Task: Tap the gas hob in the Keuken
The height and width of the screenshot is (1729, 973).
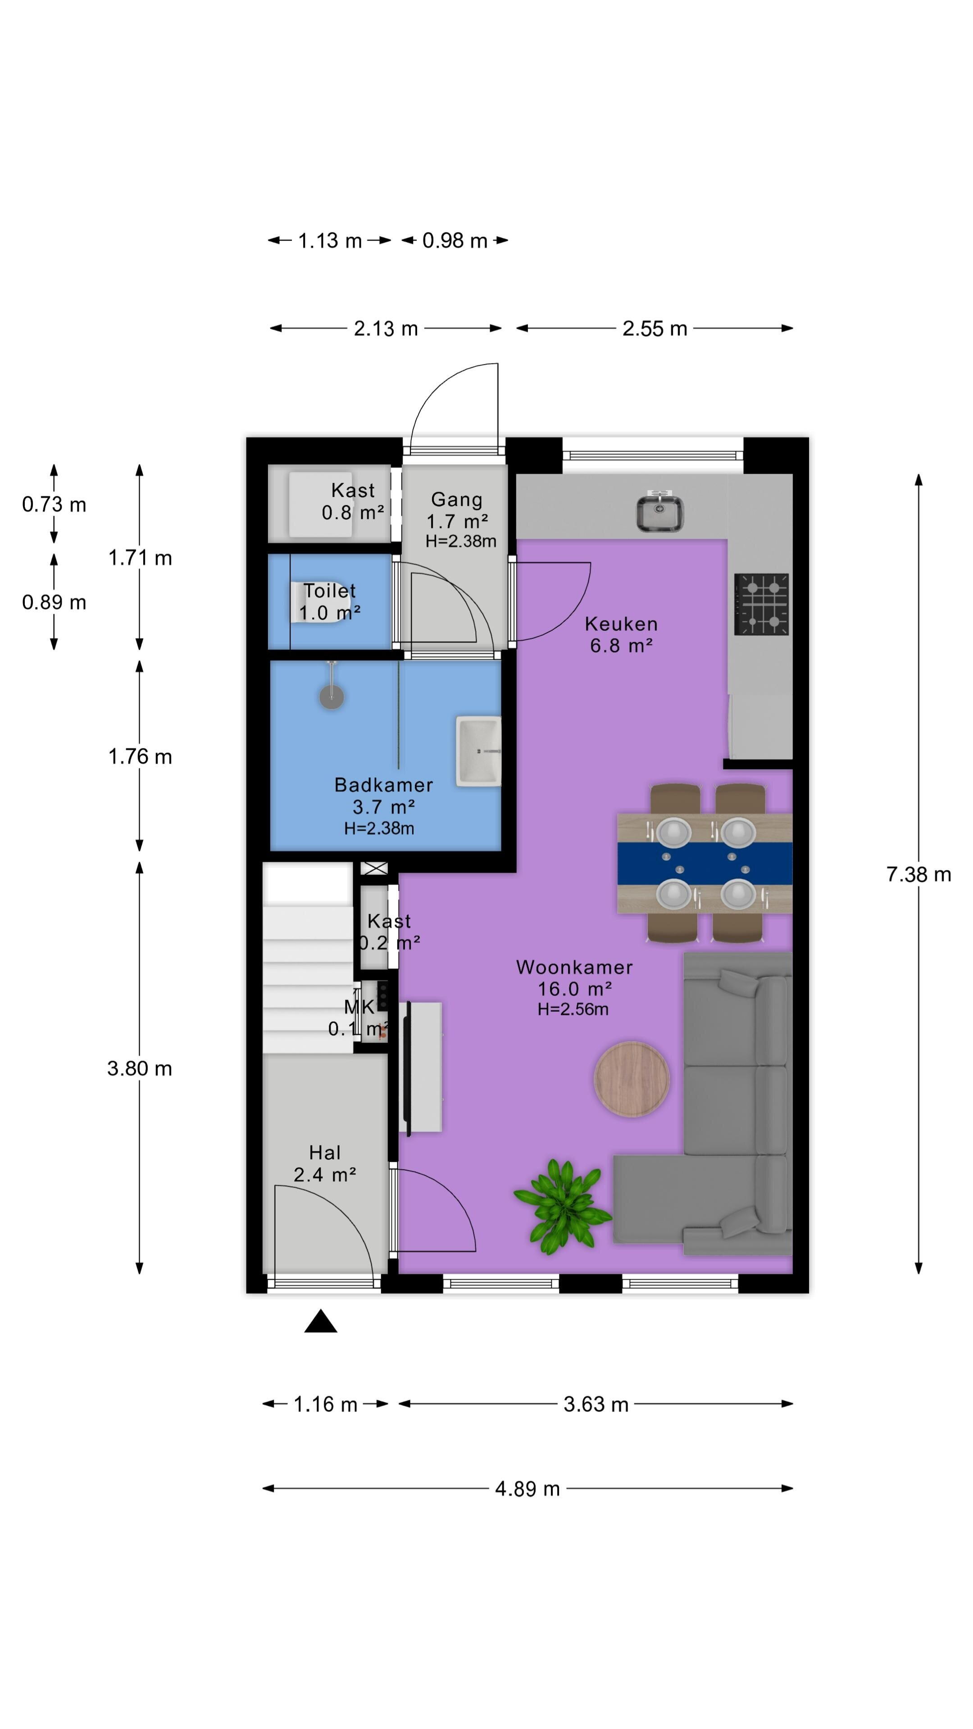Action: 761,604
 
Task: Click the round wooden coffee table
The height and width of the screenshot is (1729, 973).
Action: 631,1079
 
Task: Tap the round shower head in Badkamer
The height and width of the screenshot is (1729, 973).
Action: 331,696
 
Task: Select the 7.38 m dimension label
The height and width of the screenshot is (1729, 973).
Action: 918,874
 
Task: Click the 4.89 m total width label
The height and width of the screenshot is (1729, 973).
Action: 527,1489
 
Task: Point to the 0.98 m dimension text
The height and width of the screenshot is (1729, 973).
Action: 455,240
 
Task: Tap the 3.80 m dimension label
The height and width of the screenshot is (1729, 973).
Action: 140,1068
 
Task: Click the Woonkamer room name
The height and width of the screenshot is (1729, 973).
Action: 574,967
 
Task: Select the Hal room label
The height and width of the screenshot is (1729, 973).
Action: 325,1153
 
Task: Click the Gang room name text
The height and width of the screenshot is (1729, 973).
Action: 457,499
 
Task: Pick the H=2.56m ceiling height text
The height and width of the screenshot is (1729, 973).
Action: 573,1009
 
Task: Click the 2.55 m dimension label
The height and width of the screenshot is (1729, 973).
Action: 655,328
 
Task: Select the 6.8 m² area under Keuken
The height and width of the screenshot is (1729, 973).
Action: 621,646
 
